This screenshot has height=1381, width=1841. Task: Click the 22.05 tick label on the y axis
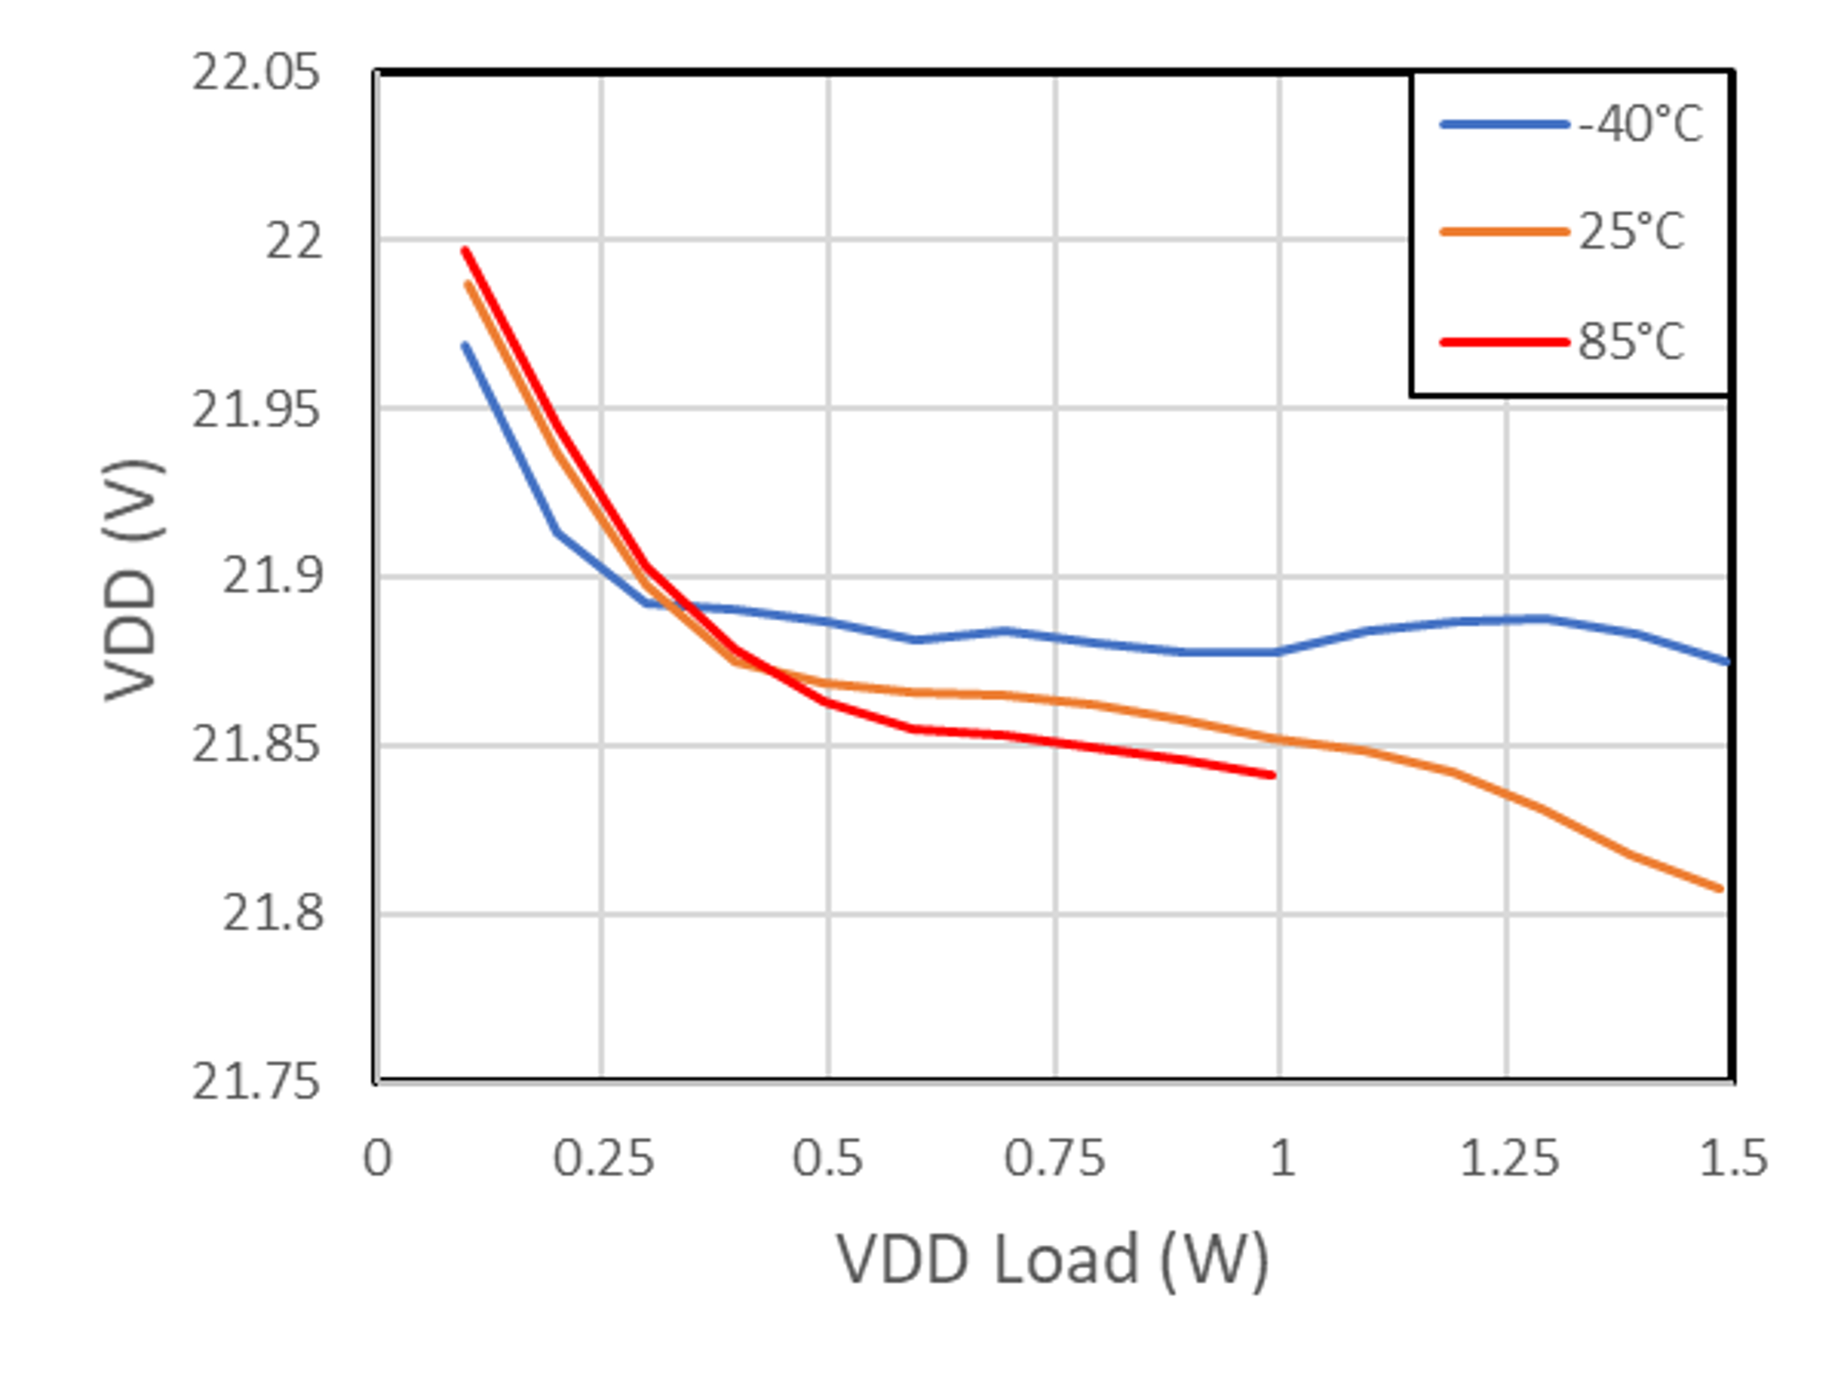click(255, 73)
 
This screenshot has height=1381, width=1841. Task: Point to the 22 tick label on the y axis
click(293, 242)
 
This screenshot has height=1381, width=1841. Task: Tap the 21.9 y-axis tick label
click(272, 577)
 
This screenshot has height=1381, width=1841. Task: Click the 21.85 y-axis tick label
click(255, 745)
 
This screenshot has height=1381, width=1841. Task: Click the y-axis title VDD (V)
click(132, 580)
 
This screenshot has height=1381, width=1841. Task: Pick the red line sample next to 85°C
click(1503, 341)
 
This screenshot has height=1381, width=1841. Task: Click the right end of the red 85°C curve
click(1273, 775)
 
